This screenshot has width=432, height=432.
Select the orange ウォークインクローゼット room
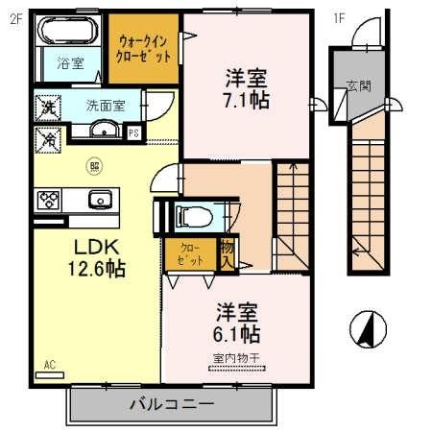[x=142, y=49]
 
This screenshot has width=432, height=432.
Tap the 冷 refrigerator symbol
[x=45, y=138]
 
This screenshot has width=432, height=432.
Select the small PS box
[x=133, y=132]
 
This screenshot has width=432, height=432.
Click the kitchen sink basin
[x=99, y=200]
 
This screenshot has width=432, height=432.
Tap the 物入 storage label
[x=227, y=253]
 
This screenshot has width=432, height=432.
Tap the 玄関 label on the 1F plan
[x=359, y=84]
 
